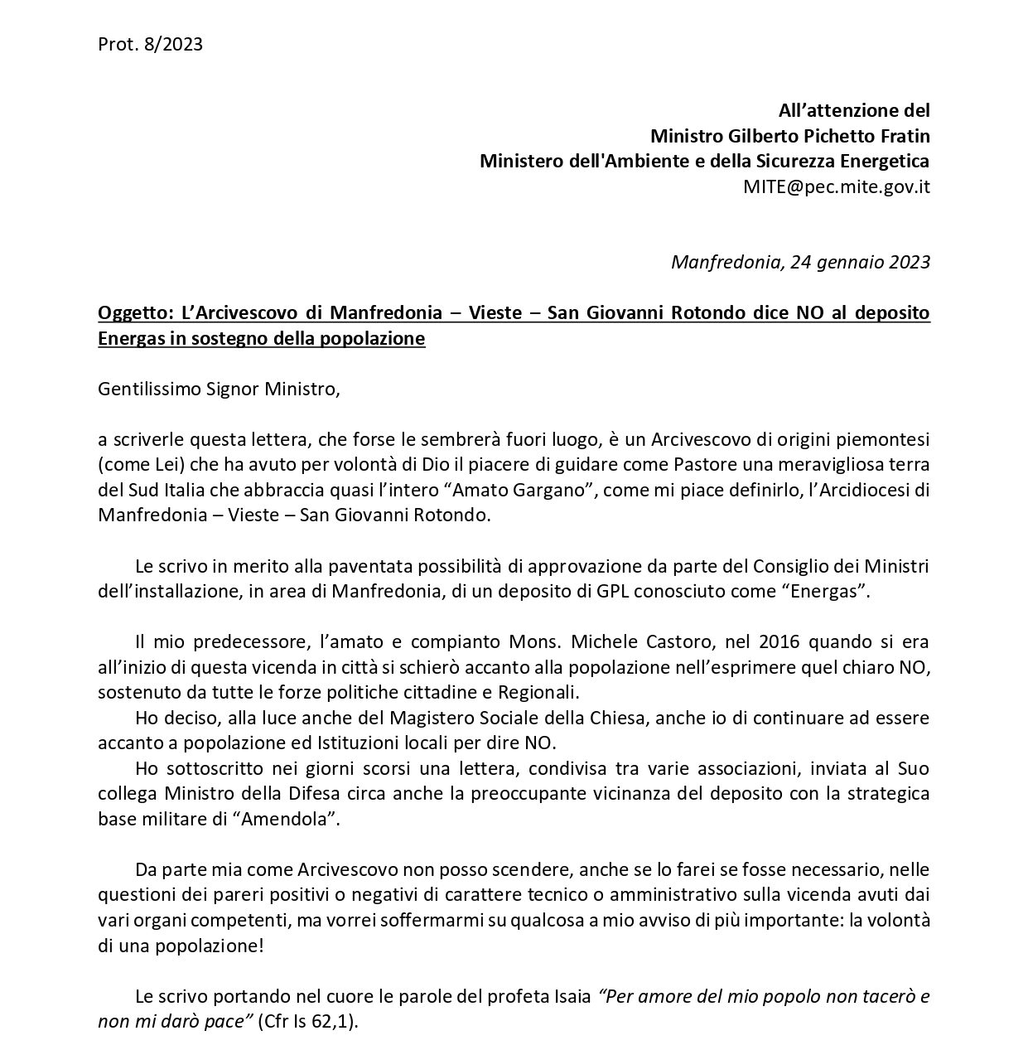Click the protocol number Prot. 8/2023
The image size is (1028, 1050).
(x=150, y=45)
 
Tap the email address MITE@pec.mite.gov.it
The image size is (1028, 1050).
(x=836, y=186)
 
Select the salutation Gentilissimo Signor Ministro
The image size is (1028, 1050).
(x=219, y=390)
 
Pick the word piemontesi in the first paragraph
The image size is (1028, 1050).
(x=888, y=439)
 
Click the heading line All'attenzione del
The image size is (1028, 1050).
(x=854, y=110)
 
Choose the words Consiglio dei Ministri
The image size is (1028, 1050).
(x=841, y=567)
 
